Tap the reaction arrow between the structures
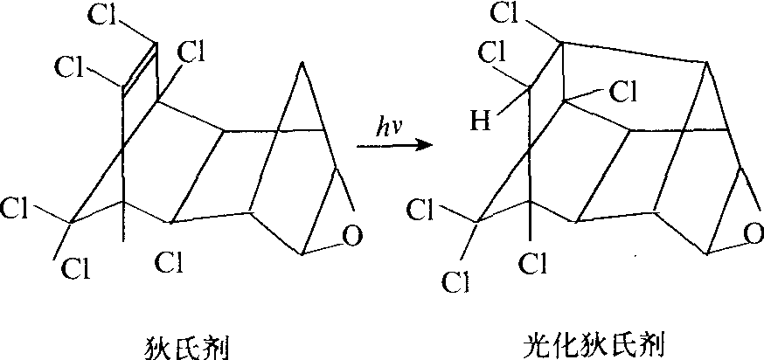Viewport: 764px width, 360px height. point(394,145)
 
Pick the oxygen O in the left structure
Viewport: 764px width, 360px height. point(352,236)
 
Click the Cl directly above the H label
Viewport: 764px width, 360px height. point(492,52)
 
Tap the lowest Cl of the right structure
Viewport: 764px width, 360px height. point(456,282)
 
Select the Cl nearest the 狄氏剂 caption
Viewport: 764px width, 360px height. point(169,264)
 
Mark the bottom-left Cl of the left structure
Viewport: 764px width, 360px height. point(76,268)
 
